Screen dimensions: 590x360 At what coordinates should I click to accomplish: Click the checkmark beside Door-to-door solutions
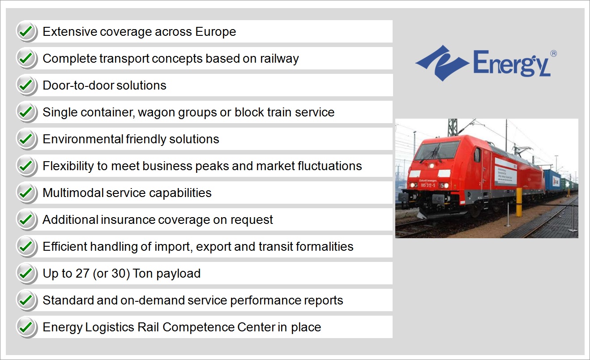pyautogui.click(x=26, y=85)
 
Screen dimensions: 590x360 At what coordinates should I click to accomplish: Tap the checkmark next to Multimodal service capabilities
pyautogui.click(x=26, y=193)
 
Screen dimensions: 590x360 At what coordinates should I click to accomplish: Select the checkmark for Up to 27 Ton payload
pyautogui.click(x=26, y=273)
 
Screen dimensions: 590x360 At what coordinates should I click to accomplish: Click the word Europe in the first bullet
pyautogui.click(x=215, y=32)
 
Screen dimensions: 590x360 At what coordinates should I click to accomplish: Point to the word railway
pyautogui.click(x=279, y=59)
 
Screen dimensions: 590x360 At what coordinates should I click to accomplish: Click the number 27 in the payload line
pyautogui.click(x=82, y=273)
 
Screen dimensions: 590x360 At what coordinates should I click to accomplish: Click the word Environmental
pyautogui.click(x=83, y=139)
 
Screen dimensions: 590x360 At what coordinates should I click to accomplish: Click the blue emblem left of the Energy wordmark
pyautogui.click(x=442, y=63)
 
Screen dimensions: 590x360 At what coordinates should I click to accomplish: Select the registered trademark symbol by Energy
pyautogui.click(x=553, y=53)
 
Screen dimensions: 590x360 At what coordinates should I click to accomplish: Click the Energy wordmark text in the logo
pyautogui.click(x=512, y=64)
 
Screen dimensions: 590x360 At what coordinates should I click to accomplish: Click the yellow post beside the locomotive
pyautogui.click(x=519, y=202)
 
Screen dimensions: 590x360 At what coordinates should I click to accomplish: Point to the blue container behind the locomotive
pyautogui.click(x=552, y=181)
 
